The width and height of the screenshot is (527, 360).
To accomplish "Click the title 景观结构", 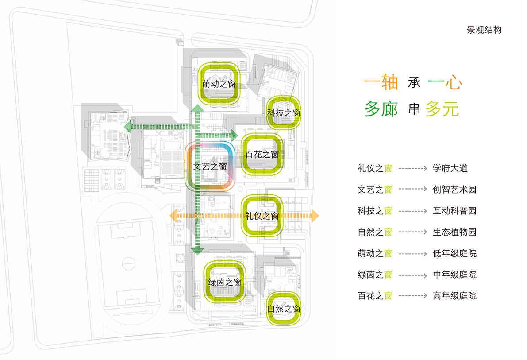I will coord(484,30).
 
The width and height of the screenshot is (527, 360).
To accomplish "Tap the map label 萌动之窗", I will coord(219,84).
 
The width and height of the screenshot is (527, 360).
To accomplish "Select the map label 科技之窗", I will coord(284,113).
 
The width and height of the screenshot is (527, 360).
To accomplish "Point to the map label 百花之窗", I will coord(262,155).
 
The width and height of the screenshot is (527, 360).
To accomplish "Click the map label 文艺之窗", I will coord(210,166).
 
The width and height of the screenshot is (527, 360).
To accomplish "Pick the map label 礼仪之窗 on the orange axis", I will coord(262,216).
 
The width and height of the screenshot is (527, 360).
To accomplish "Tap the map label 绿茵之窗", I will coord(225,282).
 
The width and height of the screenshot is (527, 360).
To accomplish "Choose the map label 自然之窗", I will coord(284,309).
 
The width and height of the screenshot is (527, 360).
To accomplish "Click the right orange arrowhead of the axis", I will coord(315,216).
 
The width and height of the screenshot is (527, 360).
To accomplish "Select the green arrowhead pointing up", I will coord(197,109).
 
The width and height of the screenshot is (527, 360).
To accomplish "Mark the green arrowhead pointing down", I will coord(197,252).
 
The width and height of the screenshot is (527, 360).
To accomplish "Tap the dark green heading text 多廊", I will coord(381,108).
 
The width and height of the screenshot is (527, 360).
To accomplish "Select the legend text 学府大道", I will coord(450,168).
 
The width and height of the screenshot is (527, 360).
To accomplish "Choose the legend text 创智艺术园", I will coord(454,190).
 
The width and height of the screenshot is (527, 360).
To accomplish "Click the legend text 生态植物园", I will coord(454,232).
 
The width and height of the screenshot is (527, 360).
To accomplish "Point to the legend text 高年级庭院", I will coord(454,296).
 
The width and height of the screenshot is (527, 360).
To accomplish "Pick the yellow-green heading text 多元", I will coord(442,108).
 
